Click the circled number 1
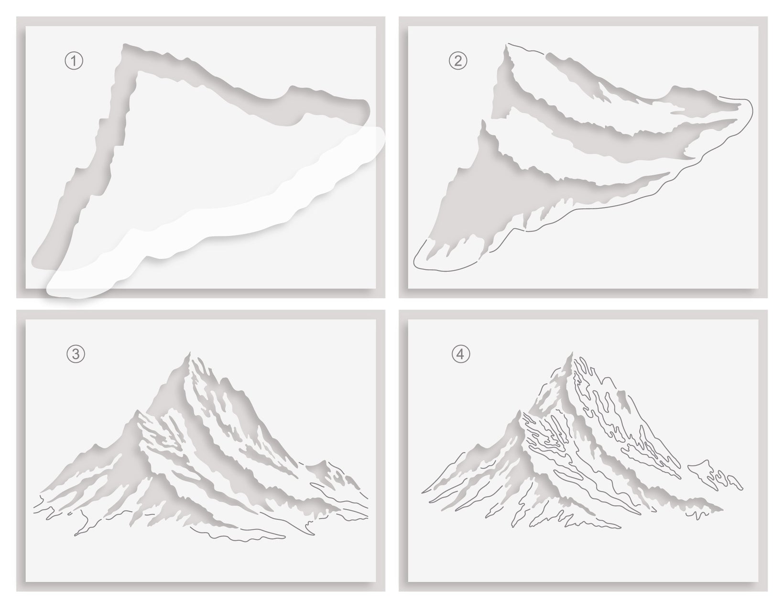pos(74,61)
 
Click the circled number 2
pos(458,61)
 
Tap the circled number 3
pos(76,354)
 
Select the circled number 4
pos(461,354)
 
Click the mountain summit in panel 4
pos(571,353)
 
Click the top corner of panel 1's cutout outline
pos(124,45)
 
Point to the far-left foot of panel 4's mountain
pos(423,492)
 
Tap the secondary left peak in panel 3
pos(136,412)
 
